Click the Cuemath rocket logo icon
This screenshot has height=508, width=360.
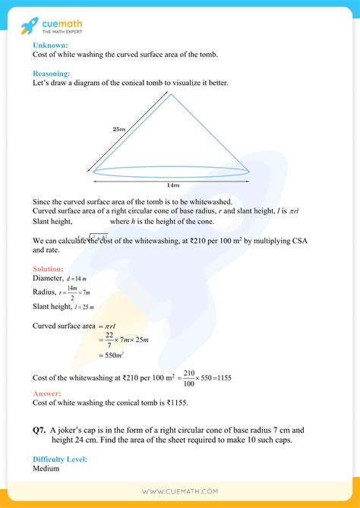point(31,26)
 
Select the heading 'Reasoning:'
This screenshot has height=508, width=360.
point(52,74)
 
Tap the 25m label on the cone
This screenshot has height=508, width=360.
point(118,130)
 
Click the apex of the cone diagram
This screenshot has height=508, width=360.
point(170,94)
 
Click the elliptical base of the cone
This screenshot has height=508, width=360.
point(171,172)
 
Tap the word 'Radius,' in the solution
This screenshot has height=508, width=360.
point(46,292)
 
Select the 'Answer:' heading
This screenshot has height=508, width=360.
point(46,393)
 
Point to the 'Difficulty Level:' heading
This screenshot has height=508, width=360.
point(61,459)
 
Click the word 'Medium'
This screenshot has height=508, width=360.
point(47,469)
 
